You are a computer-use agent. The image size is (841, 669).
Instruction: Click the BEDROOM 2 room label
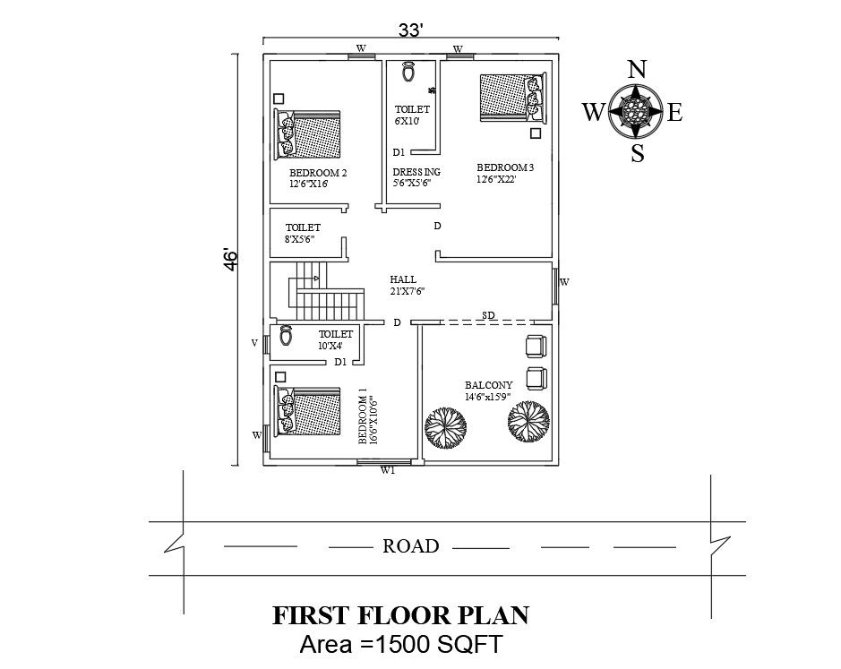[x=318, y=173]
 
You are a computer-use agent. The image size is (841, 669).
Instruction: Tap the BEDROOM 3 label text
[x=505, y=167]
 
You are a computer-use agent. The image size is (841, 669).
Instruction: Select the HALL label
[x=403, y=279]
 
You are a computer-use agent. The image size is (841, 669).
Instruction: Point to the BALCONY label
[x=489, y=385]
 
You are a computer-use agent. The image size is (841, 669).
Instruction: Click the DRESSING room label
[x=416, y=172]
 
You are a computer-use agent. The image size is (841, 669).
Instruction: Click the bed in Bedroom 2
[x=307, y=134]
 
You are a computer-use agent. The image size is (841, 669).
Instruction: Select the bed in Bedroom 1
[x=307, y=410]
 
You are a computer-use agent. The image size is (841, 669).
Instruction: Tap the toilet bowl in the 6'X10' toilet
[x=408, y=72]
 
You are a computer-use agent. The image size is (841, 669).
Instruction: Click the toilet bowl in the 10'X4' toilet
[x=286, y=336]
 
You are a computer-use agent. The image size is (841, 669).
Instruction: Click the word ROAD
[x=411, y=546]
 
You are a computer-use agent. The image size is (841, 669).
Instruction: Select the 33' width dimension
[x=411, y=30]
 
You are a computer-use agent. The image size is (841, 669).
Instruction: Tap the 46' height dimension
[x=229, y=260]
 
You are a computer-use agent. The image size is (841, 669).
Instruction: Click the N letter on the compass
[x=637, y=70]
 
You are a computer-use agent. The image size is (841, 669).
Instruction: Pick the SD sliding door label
[x=488, y=315]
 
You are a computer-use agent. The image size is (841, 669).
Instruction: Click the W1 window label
[x=388, y=471]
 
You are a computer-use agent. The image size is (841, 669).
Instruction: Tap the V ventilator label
[x=254, y=342]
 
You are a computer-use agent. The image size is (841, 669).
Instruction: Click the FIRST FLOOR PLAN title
[x=400, y=615]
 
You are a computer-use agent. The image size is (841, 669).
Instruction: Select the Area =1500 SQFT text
[x=400, y=644]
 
